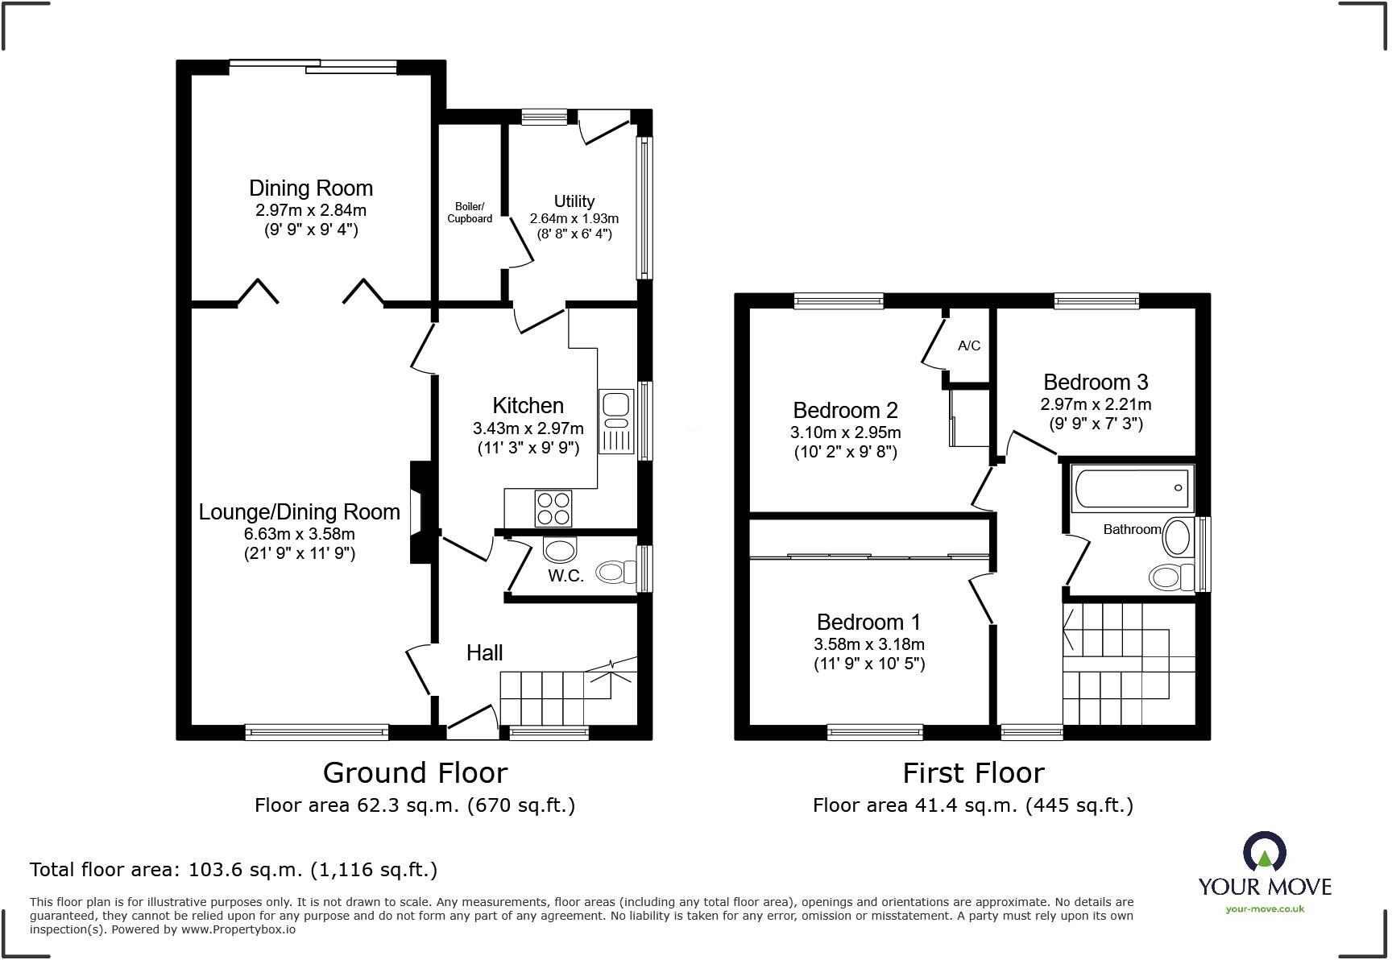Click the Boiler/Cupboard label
pyautogui.click(x=470, y=213)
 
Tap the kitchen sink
pyautogui.click(x=616, y=421)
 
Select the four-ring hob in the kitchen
pyautogui.click(x=553, y=508)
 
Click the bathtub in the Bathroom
pyautogui.click(x=1131, y=488)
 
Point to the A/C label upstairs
pyautogui.click(x=969, y=346)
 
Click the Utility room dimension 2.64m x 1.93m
pyautogui.click(x=574, y=218)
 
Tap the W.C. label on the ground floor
pyautogui.click(x=565, y=576)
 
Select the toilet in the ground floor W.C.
pyautogui.click(x=615, y=573)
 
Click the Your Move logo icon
pyautogui.click(x=1265, y=852)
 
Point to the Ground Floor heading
pyautogui.click(x=415, y=773)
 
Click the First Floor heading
pyautogui.click(x=973, y=773)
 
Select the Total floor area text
pyautogui.click(x=234, y=870)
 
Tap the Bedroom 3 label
pyautogui.click(x=1096, y=382)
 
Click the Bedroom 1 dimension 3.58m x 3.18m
pyautogui.click(x=869, y=644)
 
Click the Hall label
pyautogui.click(x=485, y=652)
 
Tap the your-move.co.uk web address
pyautogui.click(x=1265, y=909)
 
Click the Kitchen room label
pyautogui.click(x=528, y=405)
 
